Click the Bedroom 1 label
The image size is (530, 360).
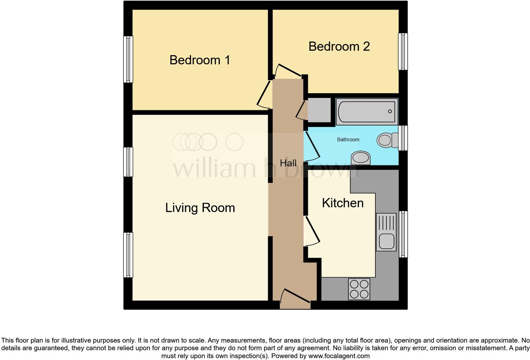(x=200, y=60)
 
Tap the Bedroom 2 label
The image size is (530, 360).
(x=339, y=46)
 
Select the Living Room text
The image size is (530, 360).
(x=200, y=208)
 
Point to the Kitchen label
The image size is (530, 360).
(x=343, y=203)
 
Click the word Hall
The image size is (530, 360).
(x=288, y=163)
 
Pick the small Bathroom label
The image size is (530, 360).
(x=348, y=139)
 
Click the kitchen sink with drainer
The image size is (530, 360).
(x=386, y=232)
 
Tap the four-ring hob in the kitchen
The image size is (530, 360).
(x=359, y=289)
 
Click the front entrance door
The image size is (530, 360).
(x=295, y=298)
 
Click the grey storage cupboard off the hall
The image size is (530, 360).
(x=319, y=110)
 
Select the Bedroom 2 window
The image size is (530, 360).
(x=403, y=51)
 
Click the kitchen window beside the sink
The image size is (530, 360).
(x=403, y=234)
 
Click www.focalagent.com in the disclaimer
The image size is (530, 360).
(x=339, y=356)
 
